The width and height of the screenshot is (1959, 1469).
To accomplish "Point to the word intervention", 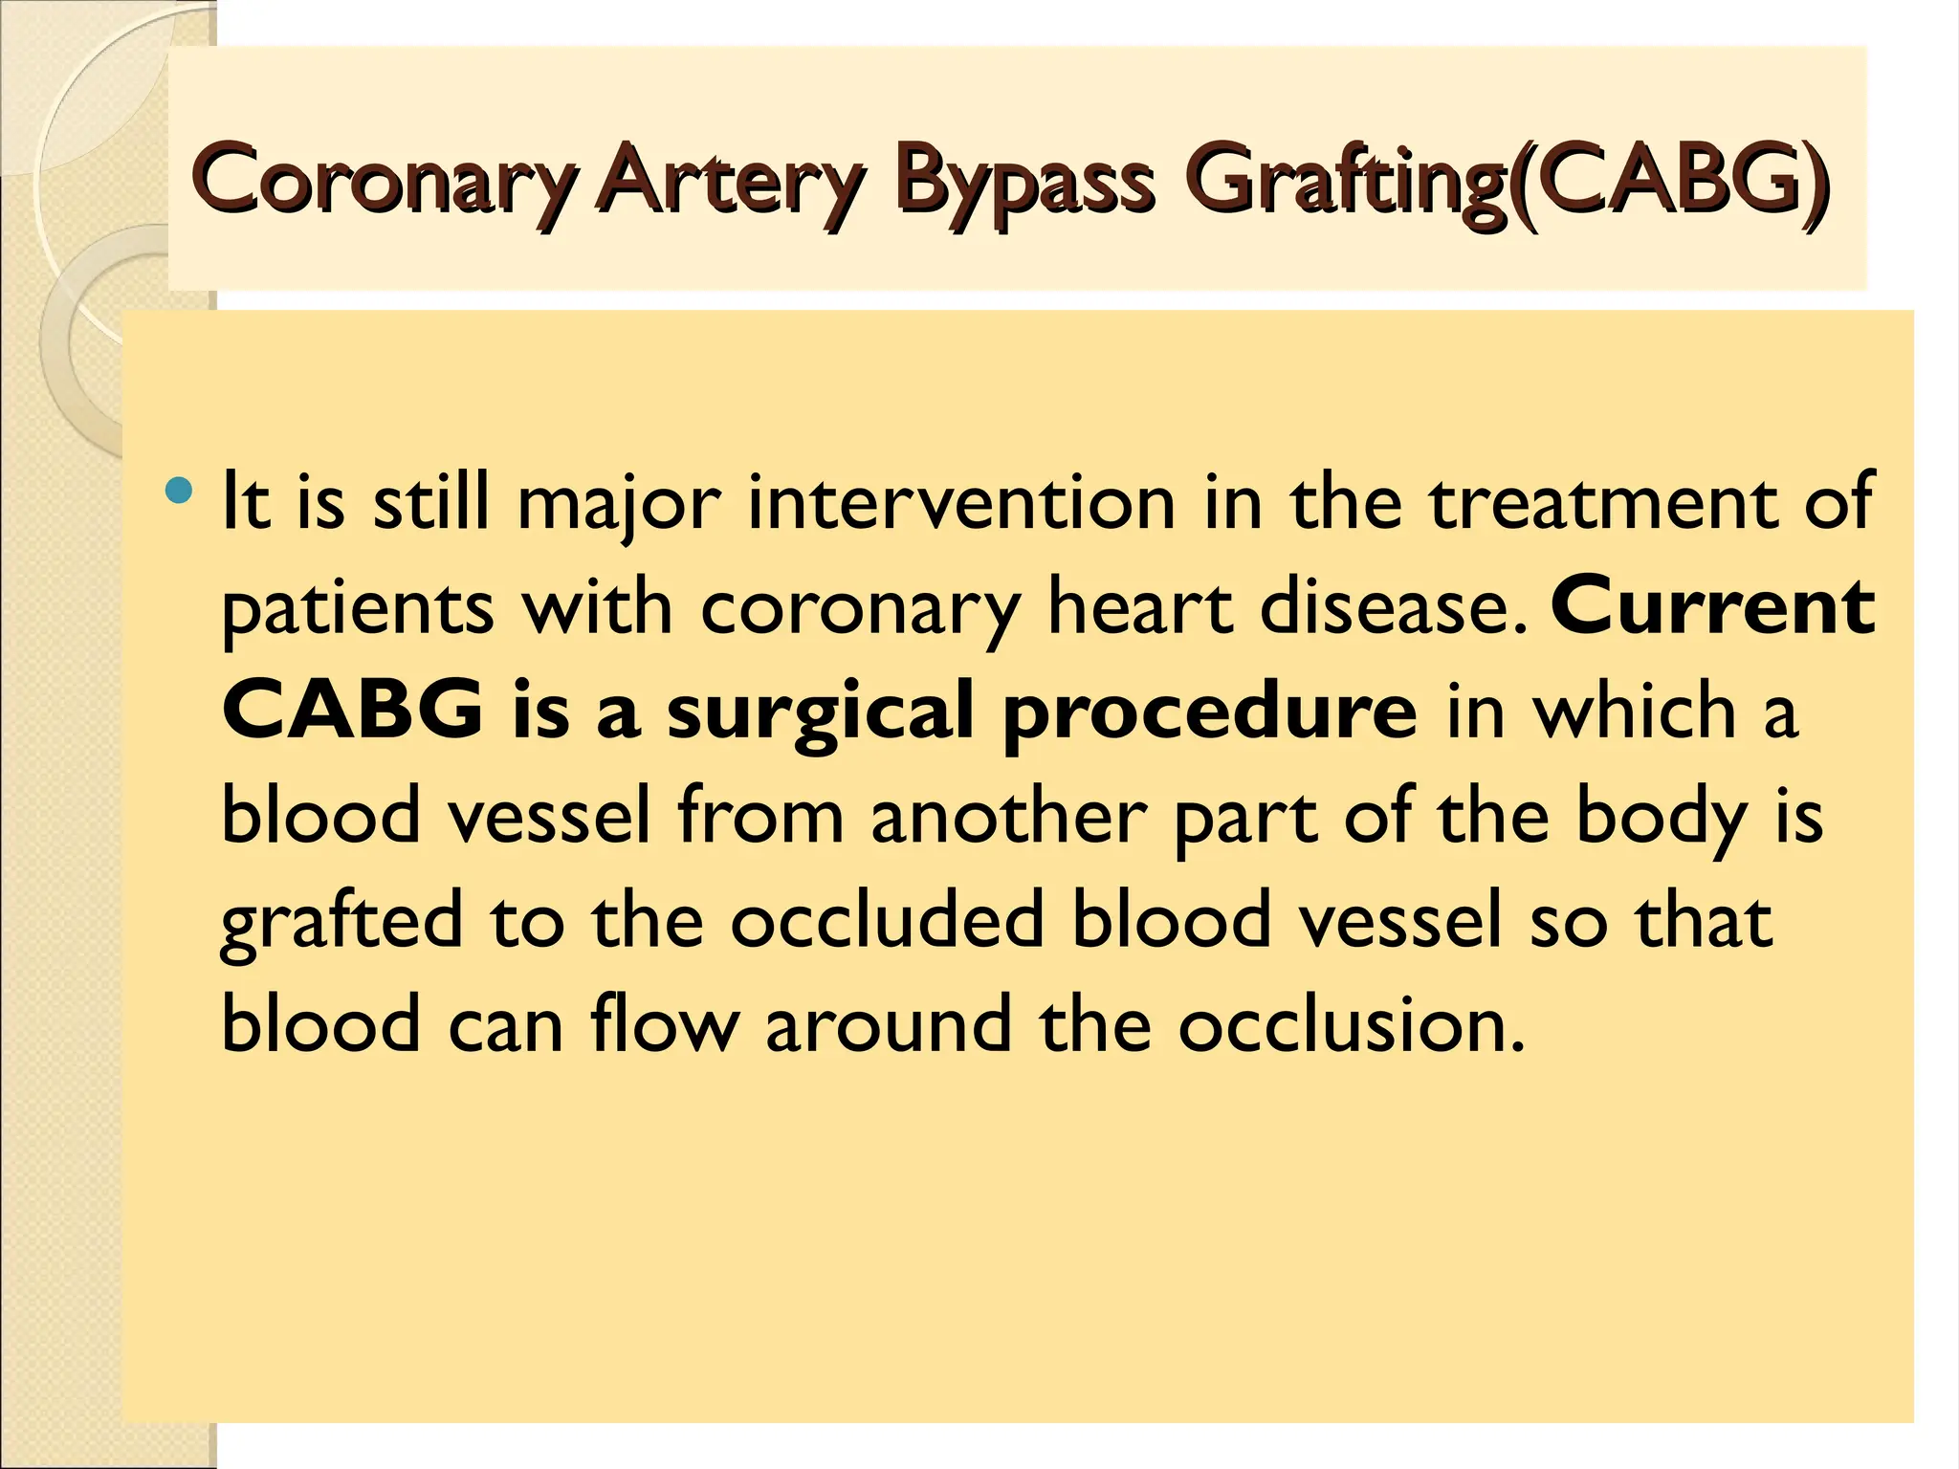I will pyautogui.click(x=960, y=504).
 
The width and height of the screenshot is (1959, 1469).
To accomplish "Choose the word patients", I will pyautogui.click(x=357, y=609).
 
